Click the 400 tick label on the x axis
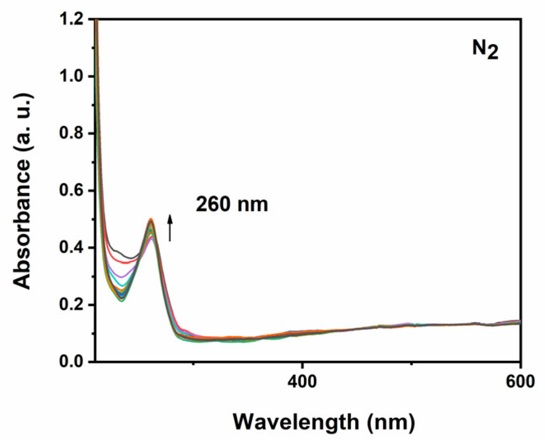[x=302, y=381]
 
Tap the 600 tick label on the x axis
[x=520, y=381]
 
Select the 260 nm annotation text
[x=232, y=204]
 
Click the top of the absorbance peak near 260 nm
[x=151, y=220]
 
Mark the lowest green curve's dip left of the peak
[x=122, y=300]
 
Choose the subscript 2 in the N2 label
[x=493, y=54]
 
